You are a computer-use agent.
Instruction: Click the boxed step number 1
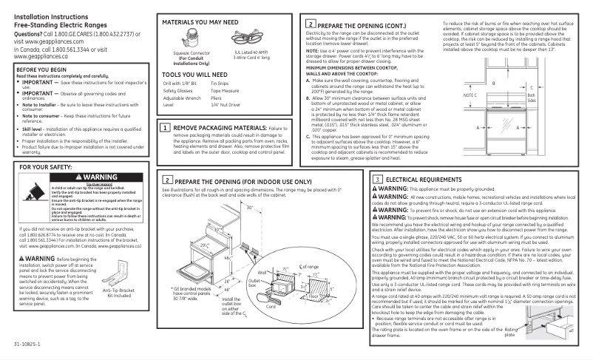tap(167, 128)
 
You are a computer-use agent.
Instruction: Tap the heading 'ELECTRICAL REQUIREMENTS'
tap(424, 180)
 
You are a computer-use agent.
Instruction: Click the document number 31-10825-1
tap(26, 344)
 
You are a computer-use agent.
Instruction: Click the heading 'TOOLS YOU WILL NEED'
tap(193, 75)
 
